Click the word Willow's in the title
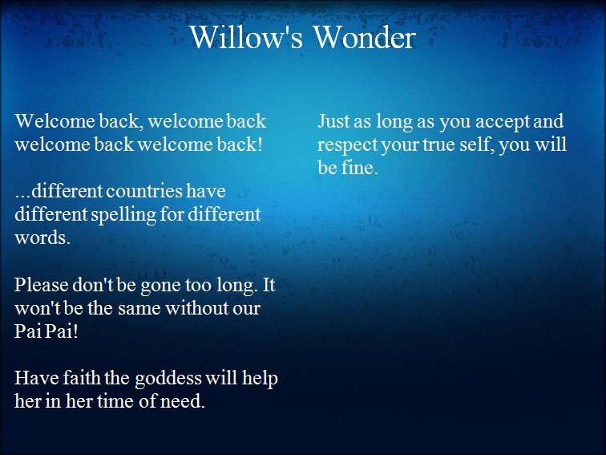tap(245, 37)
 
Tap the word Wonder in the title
tap(365, 37)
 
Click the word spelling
tap(123, 215)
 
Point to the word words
tap(42, 238)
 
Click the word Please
tap(42, 285)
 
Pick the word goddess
tap(168, 379)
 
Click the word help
tap(260, 379)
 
